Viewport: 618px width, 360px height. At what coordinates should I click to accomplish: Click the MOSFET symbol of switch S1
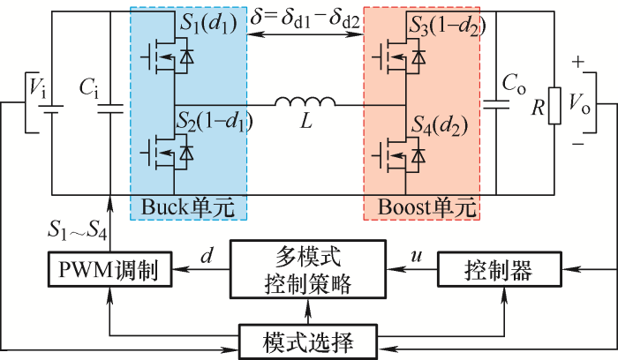(165, 58)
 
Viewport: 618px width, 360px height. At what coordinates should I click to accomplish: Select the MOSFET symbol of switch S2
(165, 153)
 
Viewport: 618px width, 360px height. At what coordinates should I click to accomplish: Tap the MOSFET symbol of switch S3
(397, 58)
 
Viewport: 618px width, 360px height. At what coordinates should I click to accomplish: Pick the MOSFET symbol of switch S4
(397, 157)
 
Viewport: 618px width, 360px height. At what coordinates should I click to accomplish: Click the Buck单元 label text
(188, 208)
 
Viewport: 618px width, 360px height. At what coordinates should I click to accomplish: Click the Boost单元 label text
(421, 208)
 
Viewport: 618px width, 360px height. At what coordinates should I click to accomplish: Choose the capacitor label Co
(514, 85)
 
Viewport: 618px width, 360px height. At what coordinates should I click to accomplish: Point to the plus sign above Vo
(577, 64)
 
